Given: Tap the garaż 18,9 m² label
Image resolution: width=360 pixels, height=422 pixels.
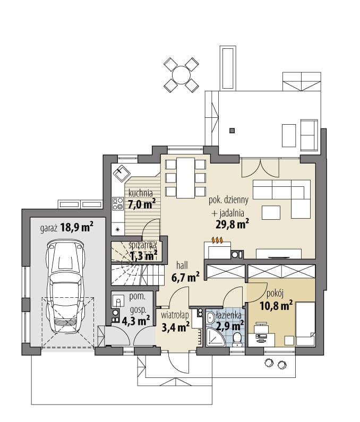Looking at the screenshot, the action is tap(67, 227).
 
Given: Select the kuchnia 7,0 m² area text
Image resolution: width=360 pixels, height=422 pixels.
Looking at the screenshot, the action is tap(142, 199).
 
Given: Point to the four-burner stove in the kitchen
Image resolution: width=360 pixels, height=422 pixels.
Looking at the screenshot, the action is tap(118, 204).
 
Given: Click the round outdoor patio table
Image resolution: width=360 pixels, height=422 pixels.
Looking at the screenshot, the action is tap(181, 74).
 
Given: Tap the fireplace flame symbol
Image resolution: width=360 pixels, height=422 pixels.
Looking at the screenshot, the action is tap(218, 239).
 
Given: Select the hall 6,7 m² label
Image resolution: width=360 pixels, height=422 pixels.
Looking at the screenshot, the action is tap(185, 271).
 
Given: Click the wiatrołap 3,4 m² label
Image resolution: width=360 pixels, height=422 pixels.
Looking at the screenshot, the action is tap(175, 322).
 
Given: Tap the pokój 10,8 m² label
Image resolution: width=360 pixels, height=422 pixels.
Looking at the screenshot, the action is tap(276, 300).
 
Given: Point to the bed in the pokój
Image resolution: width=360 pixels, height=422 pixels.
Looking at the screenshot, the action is tap(305, 324).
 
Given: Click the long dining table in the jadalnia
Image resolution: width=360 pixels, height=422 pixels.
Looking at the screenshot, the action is tap(185, 178).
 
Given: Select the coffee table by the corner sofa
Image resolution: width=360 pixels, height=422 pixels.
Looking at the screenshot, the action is tap(271, 213).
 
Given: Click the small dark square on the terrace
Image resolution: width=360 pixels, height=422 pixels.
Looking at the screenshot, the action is tap(232, 131).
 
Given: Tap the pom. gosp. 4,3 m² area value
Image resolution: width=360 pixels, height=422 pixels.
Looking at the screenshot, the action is tap(136, 321).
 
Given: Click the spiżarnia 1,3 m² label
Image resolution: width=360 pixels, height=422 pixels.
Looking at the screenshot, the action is tap(143, 251).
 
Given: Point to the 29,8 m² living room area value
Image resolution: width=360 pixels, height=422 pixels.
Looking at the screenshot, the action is tap(232, 224).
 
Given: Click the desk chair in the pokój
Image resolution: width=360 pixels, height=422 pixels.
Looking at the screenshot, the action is tap(261, 328).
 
